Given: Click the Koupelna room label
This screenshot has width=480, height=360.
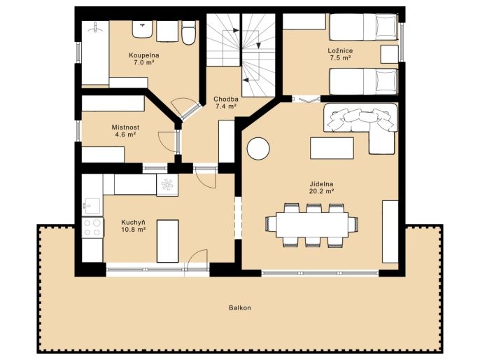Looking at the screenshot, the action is pos(144,55).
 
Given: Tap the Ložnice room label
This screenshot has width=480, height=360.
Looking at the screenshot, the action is pos(340,51).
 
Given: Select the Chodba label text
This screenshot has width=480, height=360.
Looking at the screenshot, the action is pos(226,99).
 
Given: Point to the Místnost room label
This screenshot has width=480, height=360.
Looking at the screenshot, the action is pos(125,127).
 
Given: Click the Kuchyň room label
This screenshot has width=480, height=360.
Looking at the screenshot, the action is pos(133,223).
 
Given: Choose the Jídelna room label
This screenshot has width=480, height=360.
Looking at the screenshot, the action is pos(321,184).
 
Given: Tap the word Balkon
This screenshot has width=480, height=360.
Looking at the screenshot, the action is pos(240,307).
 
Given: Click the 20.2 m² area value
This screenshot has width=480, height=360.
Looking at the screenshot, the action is pos(321,191).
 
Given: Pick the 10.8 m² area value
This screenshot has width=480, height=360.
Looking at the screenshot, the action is pos(133,230).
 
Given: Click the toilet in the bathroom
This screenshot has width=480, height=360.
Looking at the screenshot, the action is pos(188,32).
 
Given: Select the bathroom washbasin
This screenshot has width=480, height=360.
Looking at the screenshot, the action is pos(142,29).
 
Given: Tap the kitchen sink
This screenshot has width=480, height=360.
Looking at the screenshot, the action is pos(92,206).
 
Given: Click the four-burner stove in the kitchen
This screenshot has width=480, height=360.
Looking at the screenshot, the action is pos(92,228).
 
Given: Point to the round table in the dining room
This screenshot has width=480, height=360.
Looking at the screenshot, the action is pos(258,148).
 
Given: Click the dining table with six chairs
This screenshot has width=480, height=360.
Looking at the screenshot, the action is pos(311,226).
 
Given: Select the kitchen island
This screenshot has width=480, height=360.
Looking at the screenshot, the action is pos(167,241).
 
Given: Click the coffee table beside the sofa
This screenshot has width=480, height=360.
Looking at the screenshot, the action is pos(332,148).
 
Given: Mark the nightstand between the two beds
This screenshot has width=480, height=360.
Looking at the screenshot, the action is pos(389,55).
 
